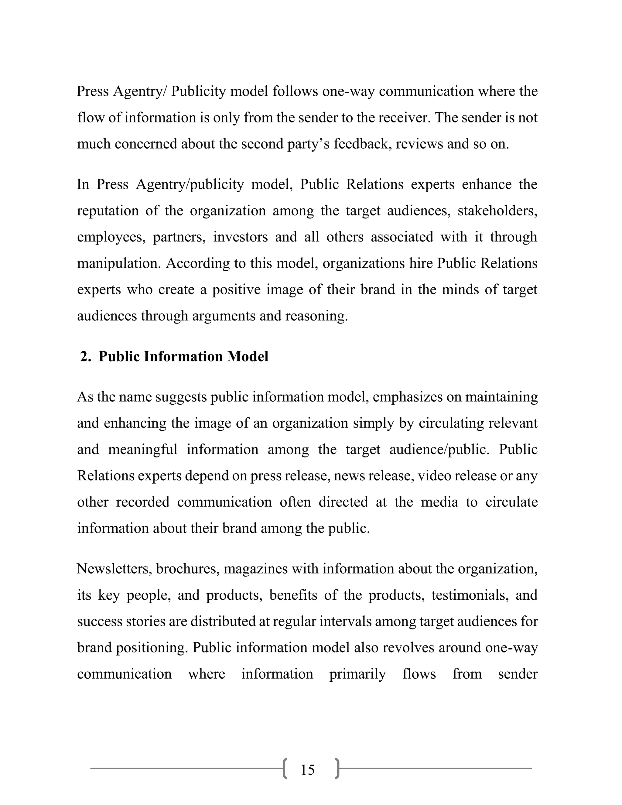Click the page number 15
[307, 770]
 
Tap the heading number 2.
[85, 356]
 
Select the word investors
[240, 237]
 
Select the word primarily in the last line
[357, 674]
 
